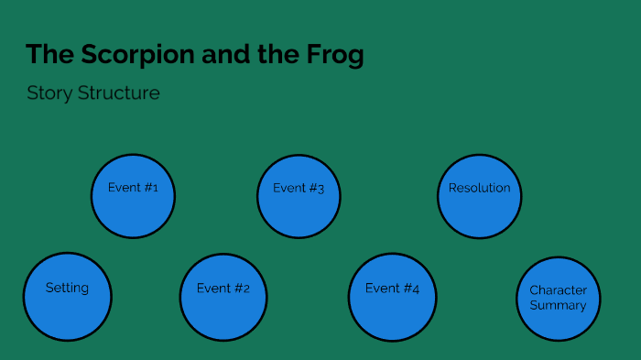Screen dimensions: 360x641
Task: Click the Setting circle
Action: (x=67, y=296)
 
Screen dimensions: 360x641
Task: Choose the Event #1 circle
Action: (x=133, y=195)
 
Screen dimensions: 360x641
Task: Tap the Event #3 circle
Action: (x=299, y=196)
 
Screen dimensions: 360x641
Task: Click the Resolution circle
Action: (x=479, y=195)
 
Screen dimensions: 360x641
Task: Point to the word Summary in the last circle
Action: (x=558, y=305)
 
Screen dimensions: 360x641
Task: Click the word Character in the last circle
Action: (x=558, y=290)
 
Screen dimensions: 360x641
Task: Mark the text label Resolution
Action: (x=479, y=188)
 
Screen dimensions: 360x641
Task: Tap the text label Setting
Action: (x=67, y=288)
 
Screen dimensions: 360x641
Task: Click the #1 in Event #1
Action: (x=150, y=188)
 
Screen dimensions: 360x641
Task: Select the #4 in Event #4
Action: (x=411, y=289)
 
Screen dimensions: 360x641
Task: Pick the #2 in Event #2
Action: (x=242, y=289)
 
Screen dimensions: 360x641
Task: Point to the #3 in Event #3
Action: (x=316, y=189)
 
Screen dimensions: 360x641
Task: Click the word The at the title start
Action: (x=44, y=55)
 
